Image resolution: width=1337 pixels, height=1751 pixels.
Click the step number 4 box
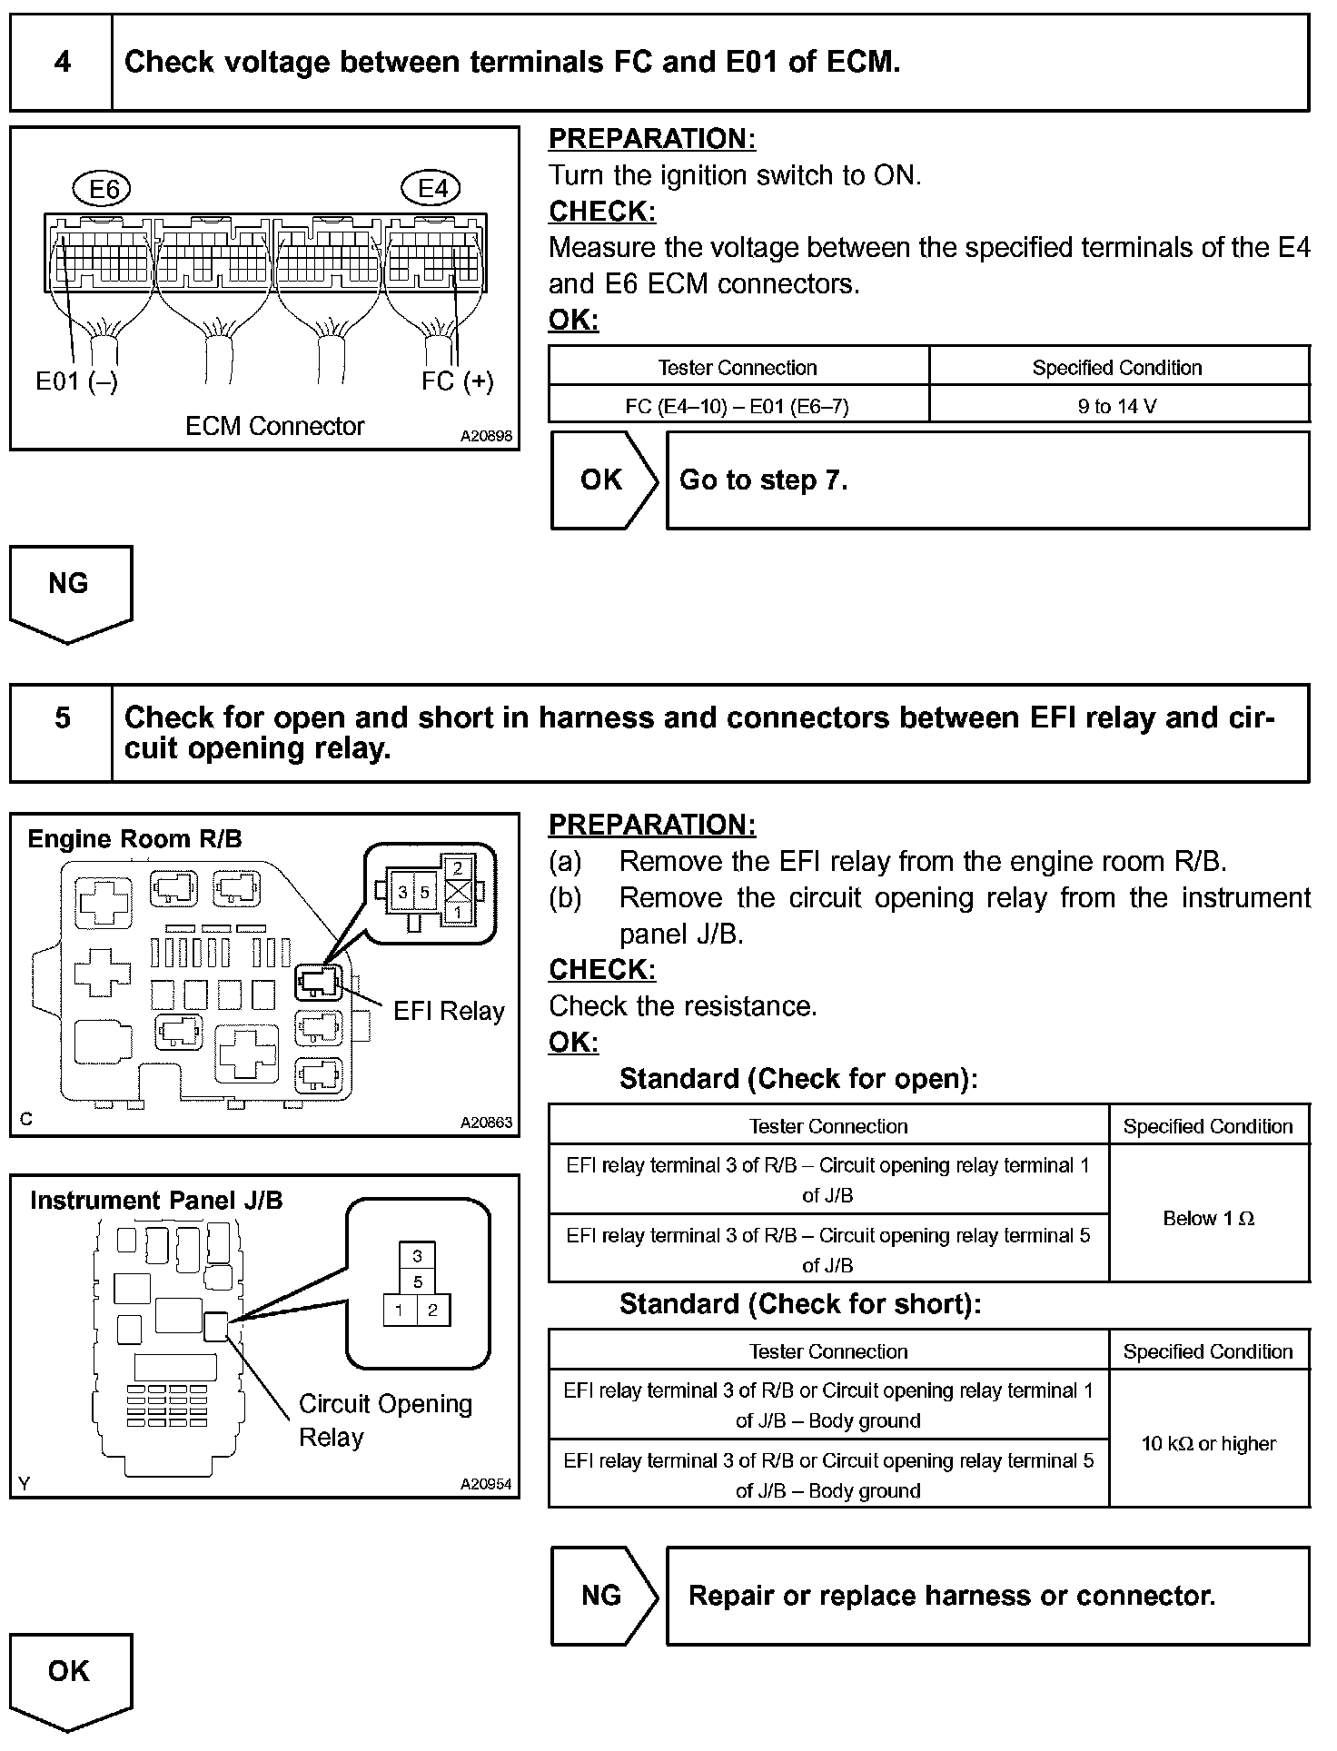coord(61,63)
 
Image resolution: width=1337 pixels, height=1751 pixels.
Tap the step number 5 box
coord(61,733)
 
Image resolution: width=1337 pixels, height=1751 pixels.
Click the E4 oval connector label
coord(431,189)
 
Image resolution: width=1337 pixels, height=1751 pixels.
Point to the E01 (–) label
coord(76,381)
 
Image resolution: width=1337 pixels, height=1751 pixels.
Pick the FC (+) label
coord(458,381)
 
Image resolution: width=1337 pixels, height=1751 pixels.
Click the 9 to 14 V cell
coord(1117,406)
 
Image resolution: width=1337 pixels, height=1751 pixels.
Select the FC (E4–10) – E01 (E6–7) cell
coord(738,406)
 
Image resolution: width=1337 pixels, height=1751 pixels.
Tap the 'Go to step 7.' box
coord(987,480)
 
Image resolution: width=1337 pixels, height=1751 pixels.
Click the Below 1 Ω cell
coord(1208,1219)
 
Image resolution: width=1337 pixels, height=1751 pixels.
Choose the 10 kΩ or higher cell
coord(1208,1444)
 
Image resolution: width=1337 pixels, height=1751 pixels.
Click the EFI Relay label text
coord(449,1012)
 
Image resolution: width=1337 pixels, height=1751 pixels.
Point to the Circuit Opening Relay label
coord(385,1420)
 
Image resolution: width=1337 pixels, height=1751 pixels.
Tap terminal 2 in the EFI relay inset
coord(459,869)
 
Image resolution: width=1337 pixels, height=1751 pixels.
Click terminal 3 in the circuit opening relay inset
coord(417,1256)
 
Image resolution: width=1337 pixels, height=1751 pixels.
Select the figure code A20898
coord(486,437)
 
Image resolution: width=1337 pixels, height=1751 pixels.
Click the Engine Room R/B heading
coord(135,839)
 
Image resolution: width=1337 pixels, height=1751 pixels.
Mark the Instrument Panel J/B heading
coord(156,1201)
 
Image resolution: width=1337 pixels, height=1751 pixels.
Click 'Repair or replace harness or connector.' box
coord(987,1596)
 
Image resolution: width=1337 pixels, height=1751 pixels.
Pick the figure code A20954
coord(486,1484)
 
